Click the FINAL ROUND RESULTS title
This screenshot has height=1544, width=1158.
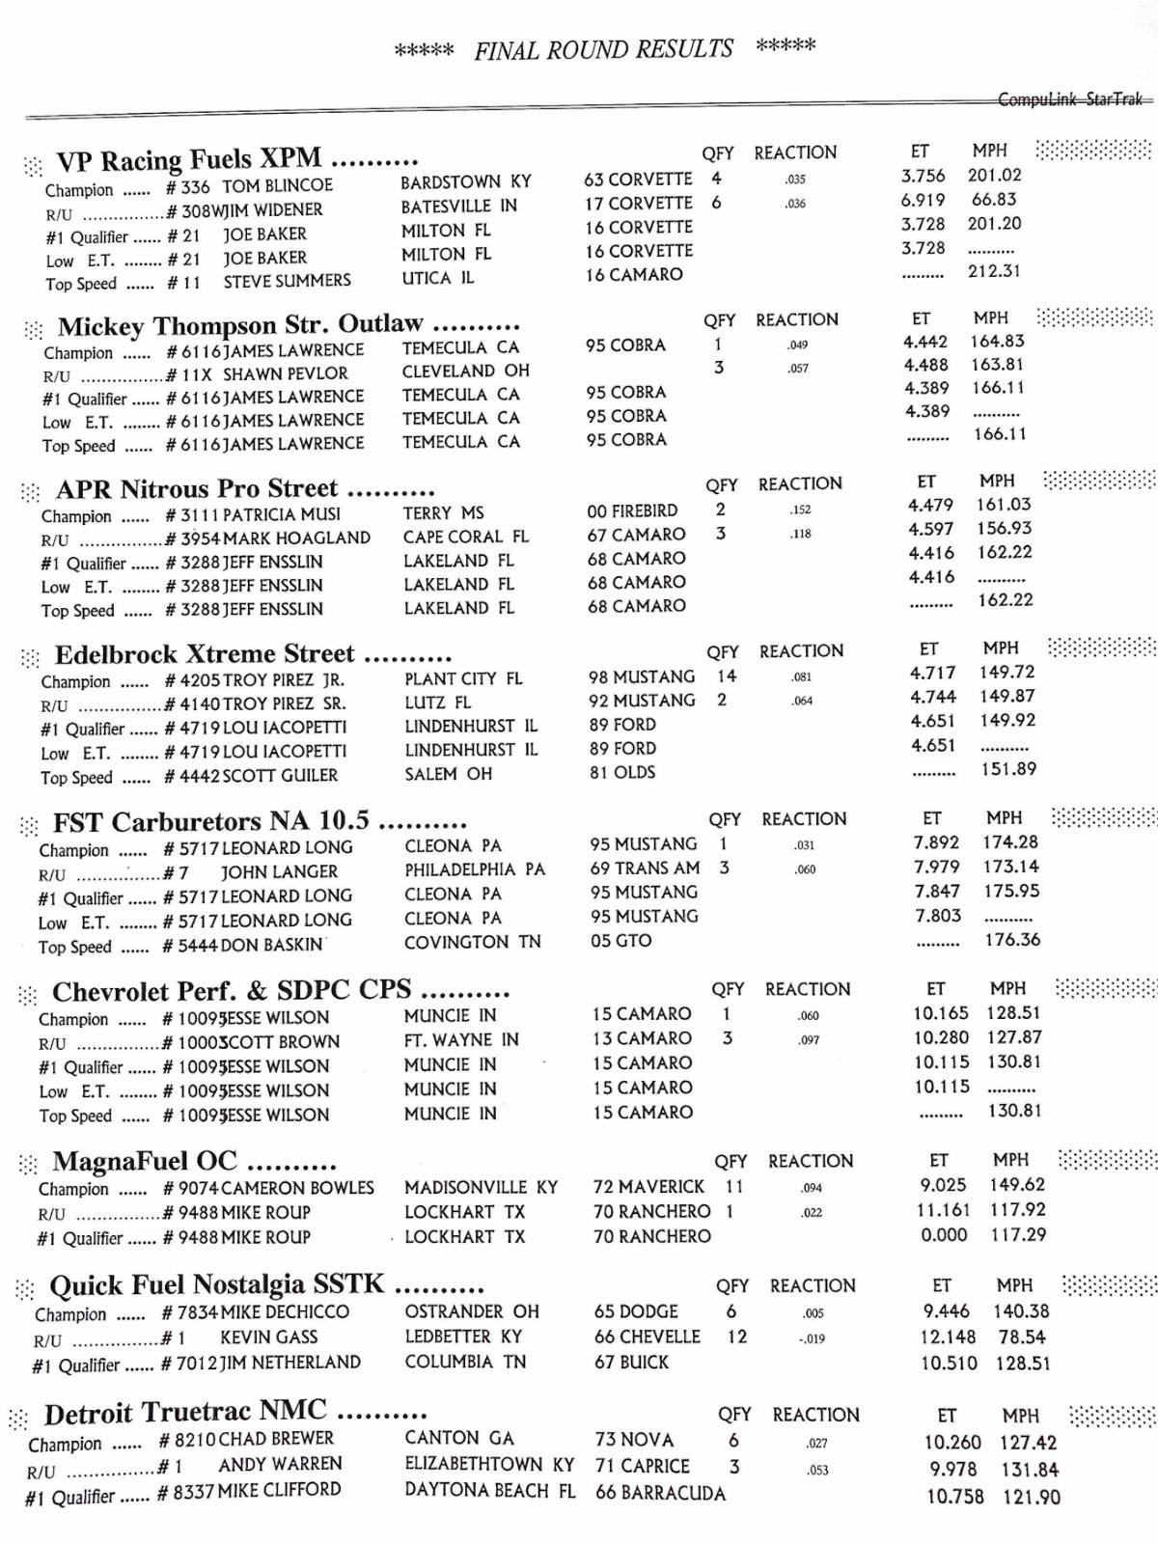[x=604, y=49]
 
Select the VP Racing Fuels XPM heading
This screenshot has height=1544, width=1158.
[x=189, y=159]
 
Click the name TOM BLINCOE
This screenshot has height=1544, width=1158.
[x=277, y=185]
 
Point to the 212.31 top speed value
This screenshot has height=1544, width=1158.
[x=994, y=271]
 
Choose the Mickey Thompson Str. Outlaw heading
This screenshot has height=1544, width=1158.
[x=240, y=325]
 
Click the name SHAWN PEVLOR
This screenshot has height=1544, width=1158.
[x=286, y=373]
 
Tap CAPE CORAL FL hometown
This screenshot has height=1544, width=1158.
[x=465, y=537]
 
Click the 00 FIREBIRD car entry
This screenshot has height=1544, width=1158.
[x=632, y=510]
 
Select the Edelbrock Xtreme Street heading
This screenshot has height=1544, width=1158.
[x=205, y=654]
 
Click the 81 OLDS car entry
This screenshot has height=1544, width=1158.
[x=622, y=772]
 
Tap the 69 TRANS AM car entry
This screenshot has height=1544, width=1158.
[x=645, y=868]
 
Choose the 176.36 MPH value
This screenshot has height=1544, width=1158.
[x=1012, y=939]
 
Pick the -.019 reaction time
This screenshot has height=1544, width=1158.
[x=812, y=1338]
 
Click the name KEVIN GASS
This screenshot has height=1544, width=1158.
[x=268, y=1337]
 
